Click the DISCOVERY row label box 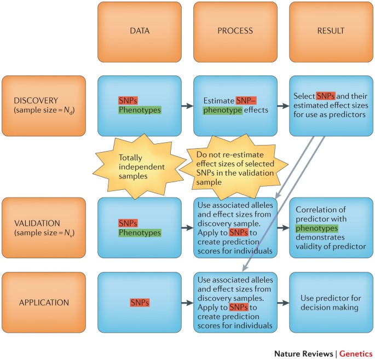43,106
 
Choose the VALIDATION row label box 43,227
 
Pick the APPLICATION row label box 43,301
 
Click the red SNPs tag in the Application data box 140,301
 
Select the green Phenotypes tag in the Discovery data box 140,111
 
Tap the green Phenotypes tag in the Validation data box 140,233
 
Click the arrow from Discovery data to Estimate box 187,106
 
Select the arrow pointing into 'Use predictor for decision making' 283,301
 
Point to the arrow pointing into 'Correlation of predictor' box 283,227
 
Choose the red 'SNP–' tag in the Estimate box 246,101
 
